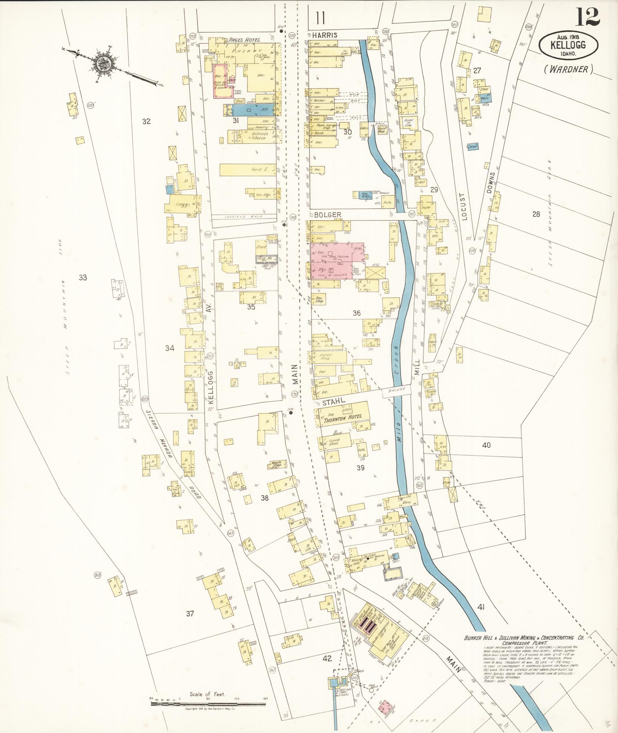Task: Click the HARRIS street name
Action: point(324,35)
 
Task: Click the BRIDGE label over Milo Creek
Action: point(397,391)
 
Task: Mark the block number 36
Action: point(356,313)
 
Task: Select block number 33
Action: point(83,277)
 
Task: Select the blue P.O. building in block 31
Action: point(250,110)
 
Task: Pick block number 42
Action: point(327,659)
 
